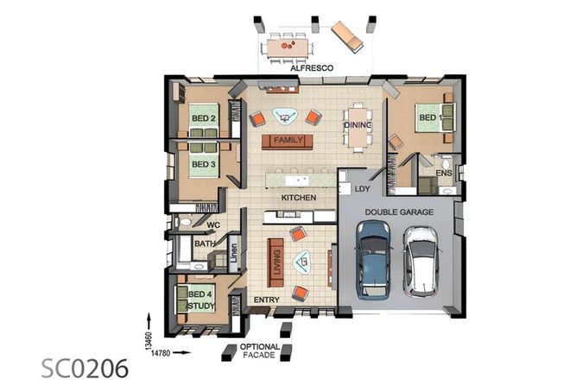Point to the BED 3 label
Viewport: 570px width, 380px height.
point(203,163)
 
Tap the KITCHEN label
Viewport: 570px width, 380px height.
point(298,198)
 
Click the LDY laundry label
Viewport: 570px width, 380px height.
point(362,187)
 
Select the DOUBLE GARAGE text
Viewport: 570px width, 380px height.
point(399,211)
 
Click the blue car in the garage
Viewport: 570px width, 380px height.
point(373,256)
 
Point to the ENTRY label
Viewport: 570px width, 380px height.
point(264,301)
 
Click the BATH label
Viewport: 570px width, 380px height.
point(204,244)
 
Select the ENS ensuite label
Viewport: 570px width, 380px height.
point(444,174)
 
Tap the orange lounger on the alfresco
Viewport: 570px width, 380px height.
point(348,35)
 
